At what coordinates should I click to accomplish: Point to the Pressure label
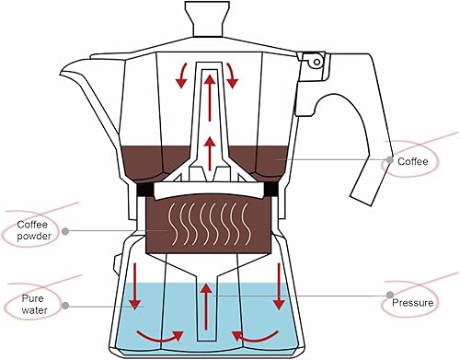420,302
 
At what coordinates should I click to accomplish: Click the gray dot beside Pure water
66,305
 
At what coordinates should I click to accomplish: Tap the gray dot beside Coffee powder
65,230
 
